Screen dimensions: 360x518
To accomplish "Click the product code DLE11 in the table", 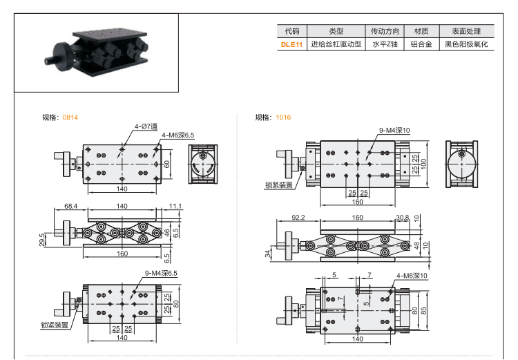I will [291, 44].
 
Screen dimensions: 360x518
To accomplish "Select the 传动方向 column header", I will [385, 31].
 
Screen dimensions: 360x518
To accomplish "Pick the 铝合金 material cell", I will [421, 44].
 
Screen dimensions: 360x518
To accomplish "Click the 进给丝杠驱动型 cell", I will [336, 44].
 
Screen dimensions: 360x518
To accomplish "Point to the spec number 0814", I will [70, 117].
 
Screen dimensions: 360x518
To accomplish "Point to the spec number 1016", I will [283, 117].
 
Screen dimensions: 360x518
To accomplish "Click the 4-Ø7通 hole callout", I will [146, 126].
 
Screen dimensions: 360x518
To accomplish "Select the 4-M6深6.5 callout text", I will [178, 135].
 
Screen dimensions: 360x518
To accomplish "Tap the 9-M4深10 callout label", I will [394, 130].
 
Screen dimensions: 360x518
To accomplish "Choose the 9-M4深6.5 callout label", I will [161, 273].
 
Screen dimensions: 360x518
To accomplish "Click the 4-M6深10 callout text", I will [412, 275].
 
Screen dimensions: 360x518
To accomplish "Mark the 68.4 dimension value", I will [70, 206].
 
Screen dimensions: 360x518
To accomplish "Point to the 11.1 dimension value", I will [174, 206].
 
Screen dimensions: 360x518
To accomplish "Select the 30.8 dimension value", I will [403, 217].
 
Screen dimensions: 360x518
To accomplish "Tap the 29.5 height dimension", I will [43, 240].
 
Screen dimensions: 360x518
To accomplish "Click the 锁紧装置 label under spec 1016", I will [278, 184].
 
